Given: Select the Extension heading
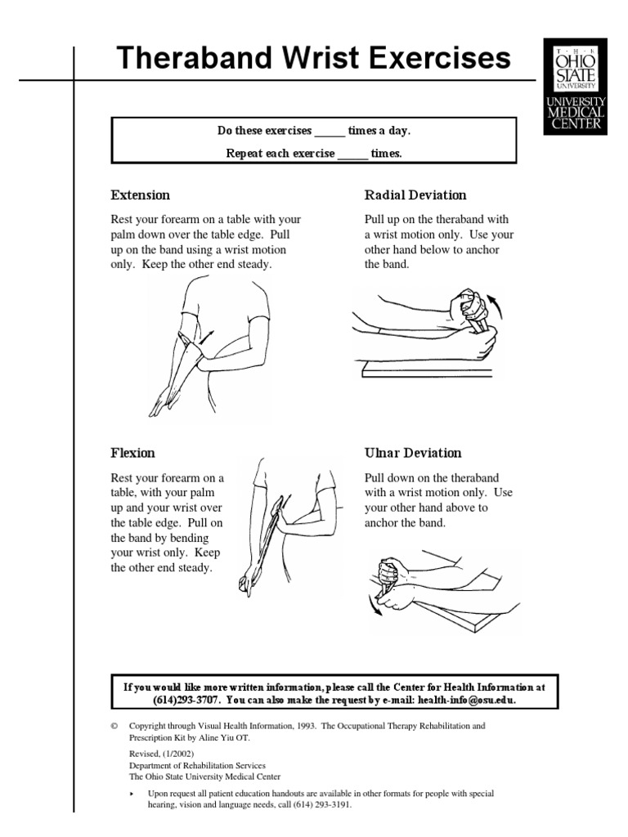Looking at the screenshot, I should click(141, 195).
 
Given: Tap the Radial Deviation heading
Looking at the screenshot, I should click(415, 195).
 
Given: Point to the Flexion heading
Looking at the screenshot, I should click(133, 453).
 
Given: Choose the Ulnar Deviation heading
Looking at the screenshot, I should click(412, 453).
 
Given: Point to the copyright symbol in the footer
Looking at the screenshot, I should click(114, 726).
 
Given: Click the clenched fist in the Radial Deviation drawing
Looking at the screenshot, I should click(472, 305).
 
